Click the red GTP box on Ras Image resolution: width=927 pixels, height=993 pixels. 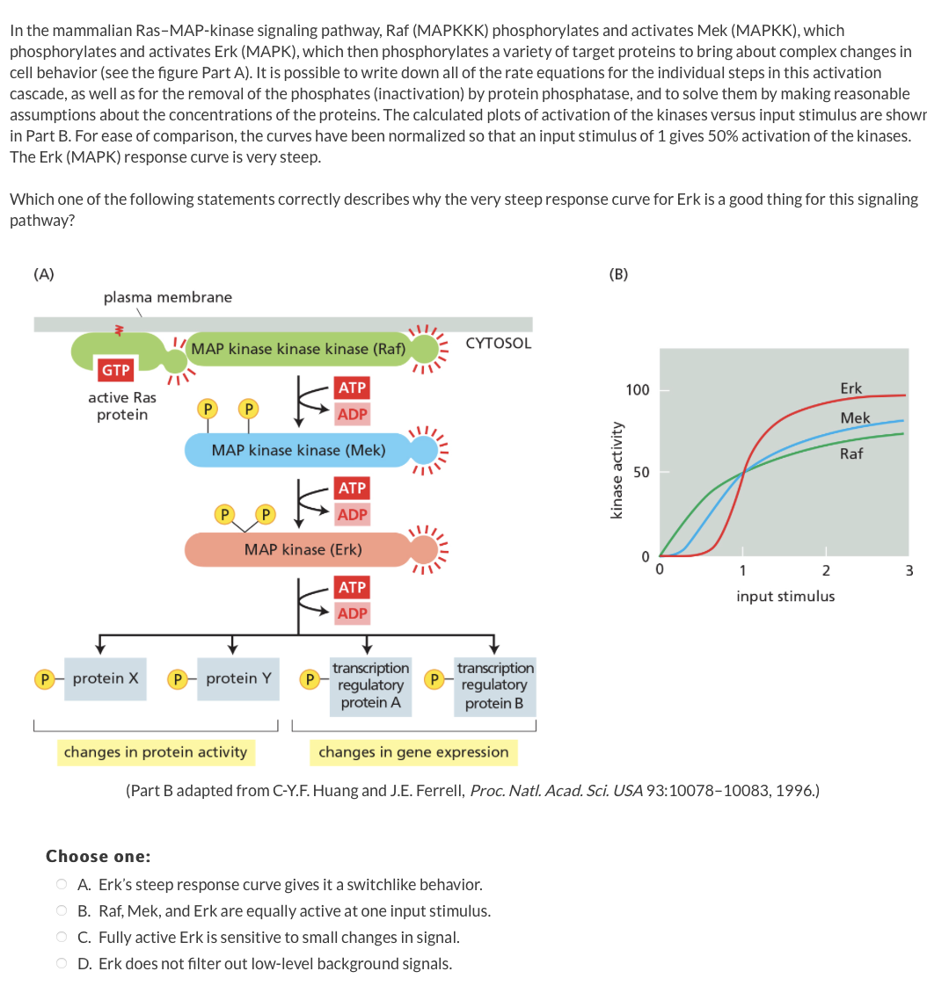point(116,370)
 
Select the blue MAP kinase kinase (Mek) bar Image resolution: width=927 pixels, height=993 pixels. point(298,450)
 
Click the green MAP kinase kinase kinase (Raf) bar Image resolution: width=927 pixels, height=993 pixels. point(298,349)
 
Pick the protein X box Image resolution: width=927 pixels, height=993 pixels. point(105,678)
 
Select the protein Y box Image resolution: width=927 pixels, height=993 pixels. point(238,678)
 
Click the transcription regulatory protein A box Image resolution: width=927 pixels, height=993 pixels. point(370,685)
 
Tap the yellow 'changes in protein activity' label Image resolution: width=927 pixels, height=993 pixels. point(156,752)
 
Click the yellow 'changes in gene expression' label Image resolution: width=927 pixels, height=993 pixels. point(413,752)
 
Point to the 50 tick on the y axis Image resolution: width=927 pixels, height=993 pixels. point(642,473)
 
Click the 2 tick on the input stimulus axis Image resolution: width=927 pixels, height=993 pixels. point(825,570)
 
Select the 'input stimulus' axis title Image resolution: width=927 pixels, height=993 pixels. point(785,597)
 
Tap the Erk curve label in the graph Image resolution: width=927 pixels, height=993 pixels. point(850,388)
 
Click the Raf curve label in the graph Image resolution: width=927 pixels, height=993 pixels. point(850,453)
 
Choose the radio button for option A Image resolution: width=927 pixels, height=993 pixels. point(62,884)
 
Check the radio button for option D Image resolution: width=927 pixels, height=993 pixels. point(62,964)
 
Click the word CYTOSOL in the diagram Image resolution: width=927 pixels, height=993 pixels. point(498,344)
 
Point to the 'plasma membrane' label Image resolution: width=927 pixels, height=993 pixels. point(168,297)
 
